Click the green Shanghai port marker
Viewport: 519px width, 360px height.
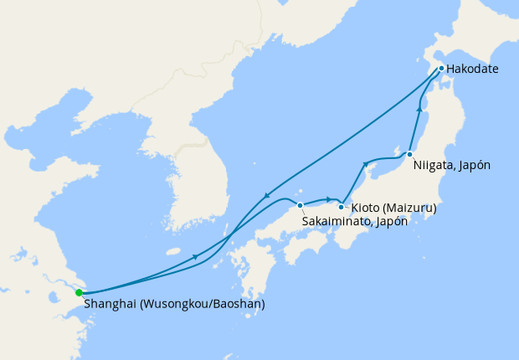[79, 292]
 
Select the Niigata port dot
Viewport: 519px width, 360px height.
[409, 154]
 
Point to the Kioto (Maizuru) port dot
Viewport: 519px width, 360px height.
[341, 206]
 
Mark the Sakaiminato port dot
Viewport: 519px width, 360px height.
[300, 205]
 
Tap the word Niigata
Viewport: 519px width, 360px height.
[433, 166]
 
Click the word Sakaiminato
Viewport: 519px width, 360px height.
[332, 222]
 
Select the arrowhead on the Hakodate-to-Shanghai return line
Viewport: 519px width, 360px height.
[265, 196]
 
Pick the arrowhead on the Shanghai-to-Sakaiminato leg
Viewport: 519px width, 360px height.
[196, 256]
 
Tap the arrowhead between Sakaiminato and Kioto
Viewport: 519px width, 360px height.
[329, 199]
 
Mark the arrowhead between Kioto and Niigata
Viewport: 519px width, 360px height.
[365, 164]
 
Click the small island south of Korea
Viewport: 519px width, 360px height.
[173, 251]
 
